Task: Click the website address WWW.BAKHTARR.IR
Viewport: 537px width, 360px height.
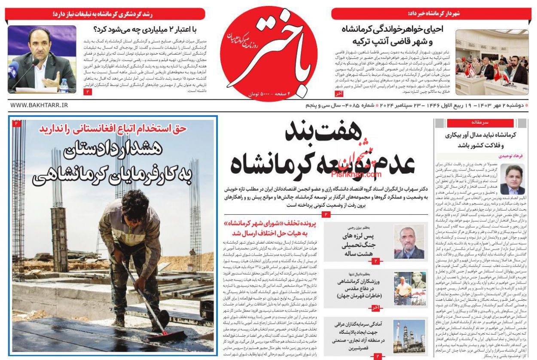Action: coord(39,105)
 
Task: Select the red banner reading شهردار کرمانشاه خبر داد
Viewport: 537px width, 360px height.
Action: coord(430,14)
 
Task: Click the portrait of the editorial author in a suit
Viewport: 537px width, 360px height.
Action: coord(513,180)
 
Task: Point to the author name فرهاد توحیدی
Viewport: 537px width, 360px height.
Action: coord(510,156)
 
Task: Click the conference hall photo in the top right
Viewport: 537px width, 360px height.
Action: coord(492,62)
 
